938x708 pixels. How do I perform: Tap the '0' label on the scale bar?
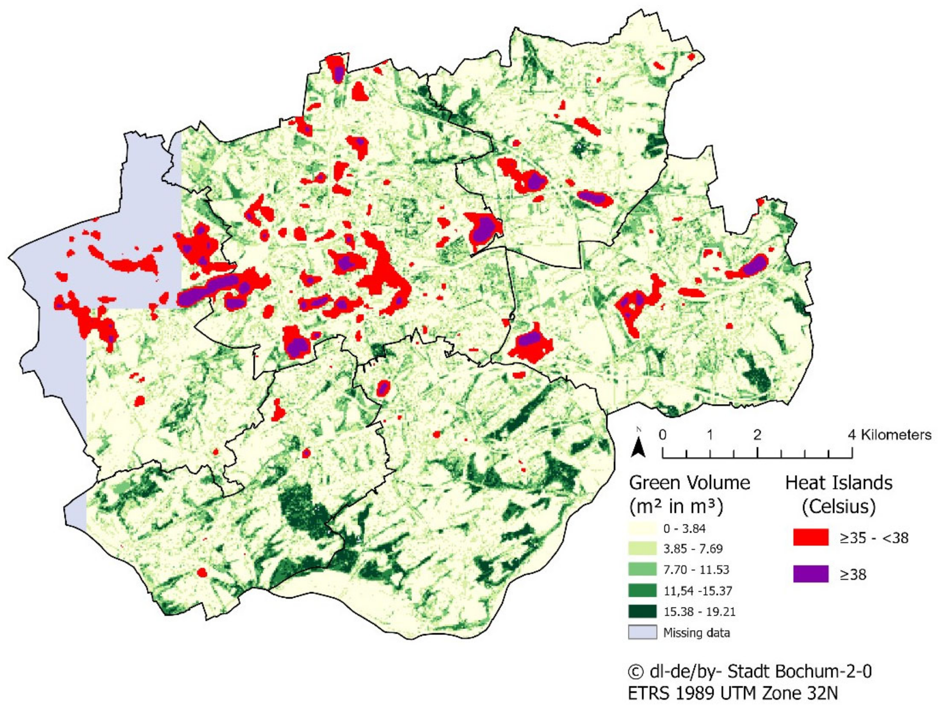tap(662, 435)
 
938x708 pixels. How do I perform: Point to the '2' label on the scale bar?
tap(757, 435)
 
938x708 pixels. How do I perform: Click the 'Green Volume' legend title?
tap(689, 483)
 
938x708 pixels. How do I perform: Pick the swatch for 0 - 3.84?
tap(642, 528)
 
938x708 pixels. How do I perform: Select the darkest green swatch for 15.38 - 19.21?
tap(642, 611)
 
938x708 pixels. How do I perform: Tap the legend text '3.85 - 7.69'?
tap(692, 549)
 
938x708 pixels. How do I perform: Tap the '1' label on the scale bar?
tap(710, 435)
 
